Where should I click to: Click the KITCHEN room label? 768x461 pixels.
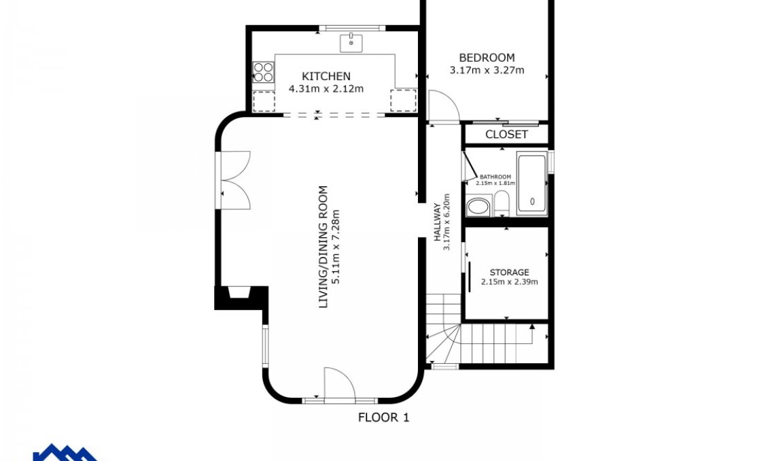[x=326, y=76]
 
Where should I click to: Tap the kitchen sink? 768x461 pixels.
[x=351, y=43]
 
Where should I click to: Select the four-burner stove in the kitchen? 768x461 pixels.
[x=264, y=72]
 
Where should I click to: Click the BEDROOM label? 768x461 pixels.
[x=487, y=58]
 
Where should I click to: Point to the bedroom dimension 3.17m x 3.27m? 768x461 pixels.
[x=487, y=70]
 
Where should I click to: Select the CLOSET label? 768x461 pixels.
[x=506, y=134]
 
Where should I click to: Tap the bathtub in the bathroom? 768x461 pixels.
[x=532, y=183]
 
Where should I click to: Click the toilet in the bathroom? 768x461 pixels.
[x=501, y=203]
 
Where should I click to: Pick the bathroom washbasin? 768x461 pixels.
[x=478, y=206]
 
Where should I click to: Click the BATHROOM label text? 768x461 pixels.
[x=495, y=177]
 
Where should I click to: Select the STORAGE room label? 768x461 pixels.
[x=509, y=273]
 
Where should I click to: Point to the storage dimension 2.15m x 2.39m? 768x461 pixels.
[x=509, y=281]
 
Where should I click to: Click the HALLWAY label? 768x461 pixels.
[x=438, y=222]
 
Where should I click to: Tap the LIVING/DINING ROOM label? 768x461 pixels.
[x=324, y=247]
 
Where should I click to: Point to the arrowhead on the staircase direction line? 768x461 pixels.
[x=532, y=326]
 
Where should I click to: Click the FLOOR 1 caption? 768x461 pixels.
[x=383, y=417]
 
